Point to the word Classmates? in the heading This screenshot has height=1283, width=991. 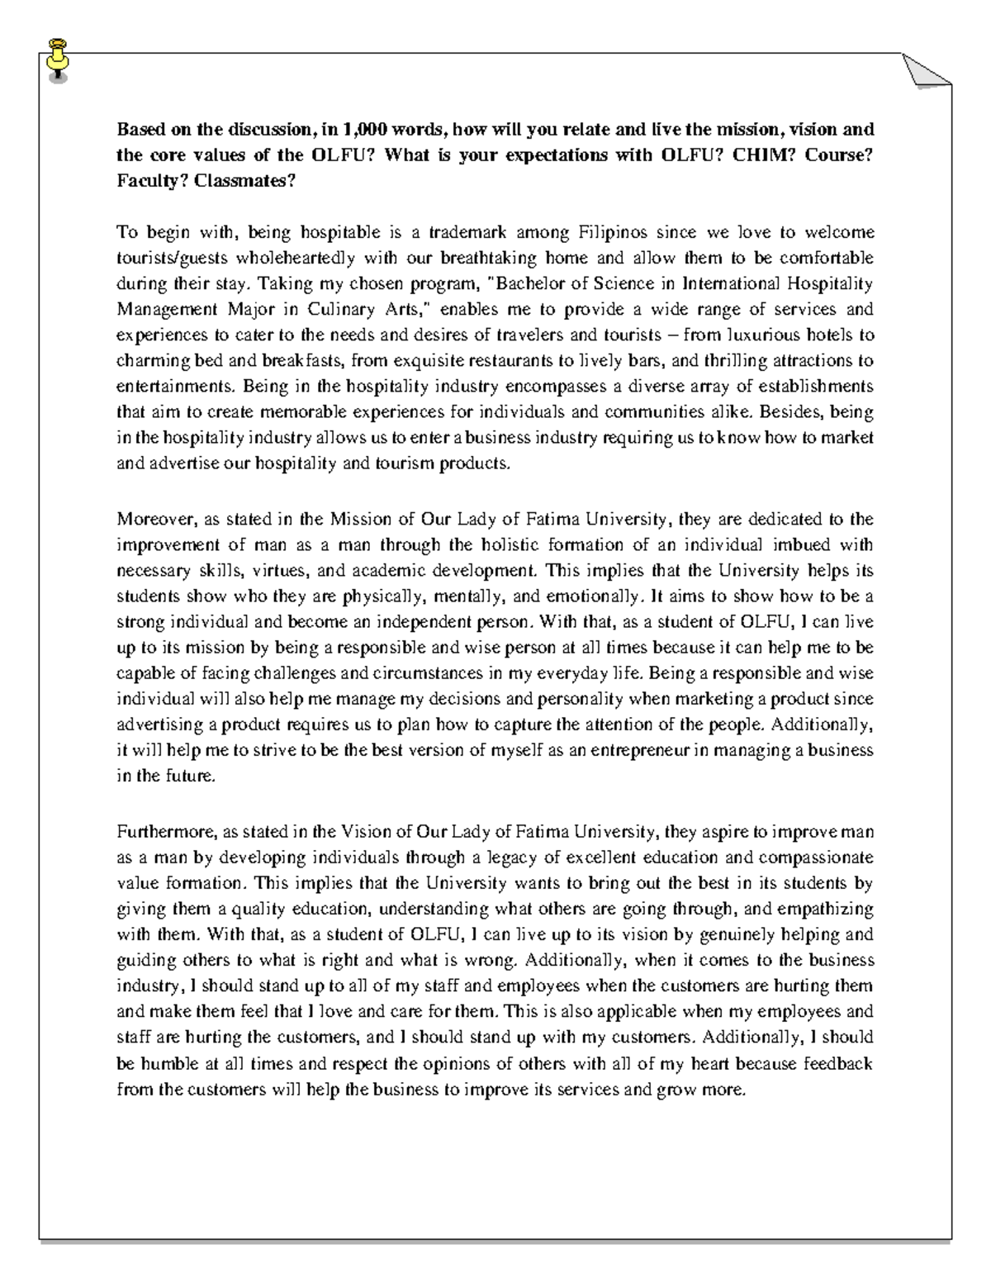pos(244,181)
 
